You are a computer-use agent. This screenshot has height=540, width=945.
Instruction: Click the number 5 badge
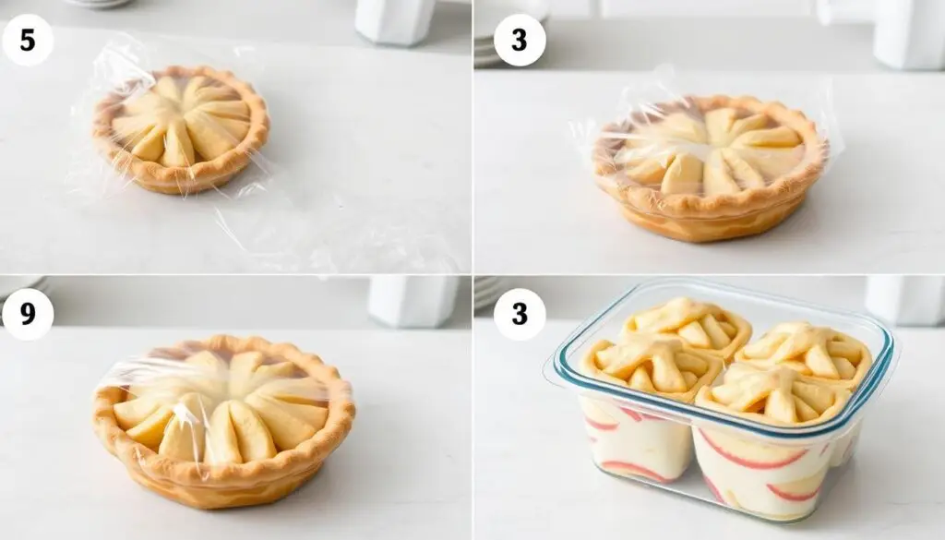[x=28, y=41]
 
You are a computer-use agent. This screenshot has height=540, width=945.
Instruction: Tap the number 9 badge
[x=28, y=314]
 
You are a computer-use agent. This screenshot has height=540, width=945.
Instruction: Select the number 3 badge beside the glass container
[x=520, y=314]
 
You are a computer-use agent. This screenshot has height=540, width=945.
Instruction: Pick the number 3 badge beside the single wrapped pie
[x=520, y=41]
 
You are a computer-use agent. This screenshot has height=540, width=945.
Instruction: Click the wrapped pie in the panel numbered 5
[x=181, y=129]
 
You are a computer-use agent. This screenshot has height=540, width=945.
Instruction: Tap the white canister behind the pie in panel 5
[x=395, y=21]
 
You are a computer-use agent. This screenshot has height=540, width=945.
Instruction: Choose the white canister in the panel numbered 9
[x=413, y=301]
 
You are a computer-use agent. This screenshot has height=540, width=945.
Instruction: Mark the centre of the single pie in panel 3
[x=710, y=149]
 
